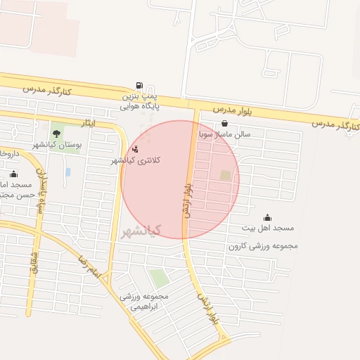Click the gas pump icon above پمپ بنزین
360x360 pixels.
tap(138, 84)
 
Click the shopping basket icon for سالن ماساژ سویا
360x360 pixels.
tap(224, 123)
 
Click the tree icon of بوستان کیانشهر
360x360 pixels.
tap(56, 133)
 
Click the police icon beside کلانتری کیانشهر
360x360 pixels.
tap(135, 149)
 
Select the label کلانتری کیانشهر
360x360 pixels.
tap(136, 161)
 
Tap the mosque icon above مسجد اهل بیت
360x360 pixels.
tap(267, 217)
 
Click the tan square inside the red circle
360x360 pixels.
tap(226, 175)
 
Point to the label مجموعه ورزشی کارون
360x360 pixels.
tap(263, 247)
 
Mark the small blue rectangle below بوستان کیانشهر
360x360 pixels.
tap(67, 172)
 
